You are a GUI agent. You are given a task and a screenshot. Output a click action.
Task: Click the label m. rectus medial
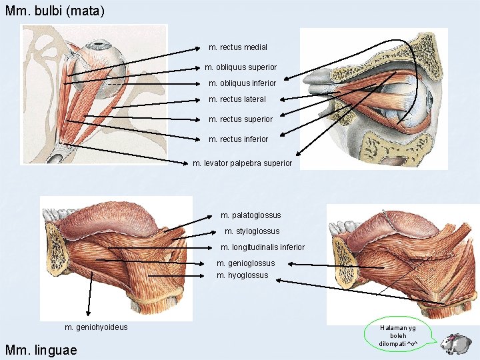(x=237, y=47)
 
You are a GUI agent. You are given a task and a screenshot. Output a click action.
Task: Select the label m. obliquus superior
(x=240, y=67)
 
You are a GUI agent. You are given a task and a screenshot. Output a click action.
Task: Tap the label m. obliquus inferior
(x=242, y=83)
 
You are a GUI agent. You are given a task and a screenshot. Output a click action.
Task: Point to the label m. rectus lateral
(x=237, y=99)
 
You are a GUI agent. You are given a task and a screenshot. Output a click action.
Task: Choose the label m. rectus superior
(x=241, y=119)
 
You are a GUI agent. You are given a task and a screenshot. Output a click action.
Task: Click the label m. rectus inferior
(x=238, y=139)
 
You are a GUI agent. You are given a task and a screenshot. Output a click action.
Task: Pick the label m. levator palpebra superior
(x=242, y=163)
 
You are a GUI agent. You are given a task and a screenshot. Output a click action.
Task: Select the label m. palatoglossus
(x=251, y=215)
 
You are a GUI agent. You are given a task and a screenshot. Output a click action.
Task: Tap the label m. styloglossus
(x=252, y=231)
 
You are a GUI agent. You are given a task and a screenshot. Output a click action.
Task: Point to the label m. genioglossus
(x=245, y=263)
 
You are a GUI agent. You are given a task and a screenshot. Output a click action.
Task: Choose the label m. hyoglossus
(x=243, y=275)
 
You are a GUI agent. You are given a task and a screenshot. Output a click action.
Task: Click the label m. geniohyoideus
(x=96, y=327)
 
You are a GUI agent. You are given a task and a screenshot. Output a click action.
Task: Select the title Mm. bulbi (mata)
(x=55, y=11)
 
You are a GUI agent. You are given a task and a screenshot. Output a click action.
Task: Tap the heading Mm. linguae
(x=41, y=350)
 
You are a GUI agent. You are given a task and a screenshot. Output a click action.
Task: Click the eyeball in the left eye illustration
(x=106, y=61)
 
